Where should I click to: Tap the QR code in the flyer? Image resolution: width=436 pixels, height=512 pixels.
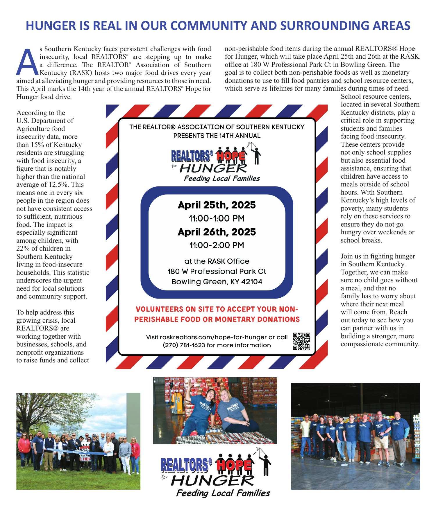[301, 341]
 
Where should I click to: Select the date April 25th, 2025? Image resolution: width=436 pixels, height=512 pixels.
[217, 205]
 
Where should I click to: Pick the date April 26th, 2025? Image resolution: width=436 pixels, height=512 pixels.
[217, 232]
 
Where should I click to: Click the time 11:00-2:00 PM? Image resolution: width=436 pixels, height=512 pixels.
[217, 245]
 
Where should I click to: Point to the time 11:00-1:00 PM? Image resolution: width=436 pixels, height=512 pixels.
[217, 218]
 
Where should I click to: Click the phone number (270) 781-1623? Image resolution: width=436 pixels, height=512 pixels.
[184, 345]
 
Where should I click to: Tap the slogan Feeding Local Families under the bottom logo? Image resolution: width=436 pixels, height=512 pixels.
[223, 493]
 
